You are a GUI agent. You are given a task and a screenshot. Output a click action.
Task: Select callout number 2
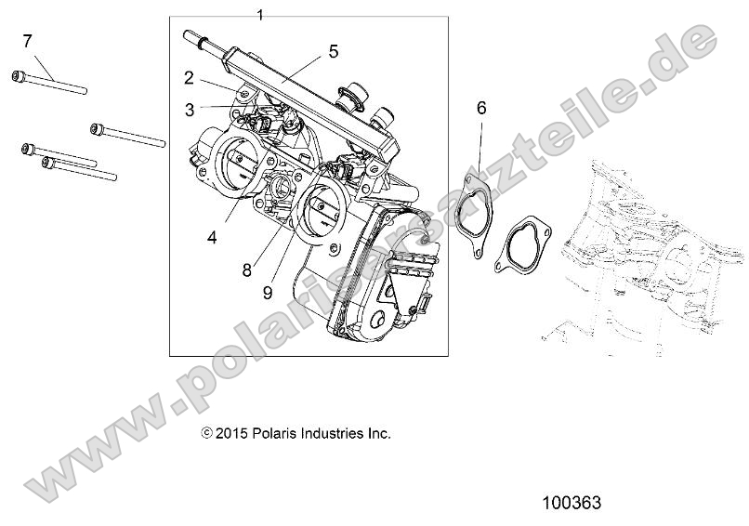point(189,77)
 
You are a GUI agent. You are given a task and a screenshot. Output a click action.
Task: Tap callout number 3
point(189,110)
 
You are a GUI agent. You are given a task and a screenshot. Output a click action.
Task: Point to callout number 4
point(213,237)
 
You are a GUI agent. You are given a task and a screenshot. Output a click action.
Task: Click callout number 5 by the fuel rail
point(334,51)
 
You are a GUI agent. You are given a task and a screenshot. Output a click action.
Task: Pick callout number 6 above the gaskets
point(481,108)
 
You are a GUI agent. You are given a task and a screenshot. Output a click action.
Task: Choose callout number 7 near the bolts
point(27,40)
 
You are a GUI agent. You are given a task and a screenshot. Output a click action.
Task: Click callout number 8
point(247,270)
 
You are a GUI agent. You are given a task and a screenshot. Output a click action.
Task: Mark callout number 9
point(268,293)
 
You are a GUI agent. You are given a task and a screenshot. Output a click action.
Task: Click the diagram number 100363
point(572,503)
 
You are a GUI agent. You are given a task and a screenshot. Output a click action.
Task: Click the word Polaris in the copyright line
point(276,433)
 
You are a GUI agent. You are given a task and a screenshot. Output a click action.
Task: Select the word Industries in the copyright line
point(335,433)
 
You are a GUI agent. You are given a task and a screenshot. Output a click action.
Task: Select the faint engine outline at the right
point(650,251)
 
